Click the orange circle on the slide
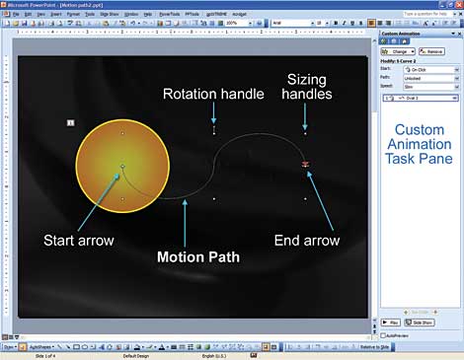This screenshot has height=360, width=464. coord(122,166)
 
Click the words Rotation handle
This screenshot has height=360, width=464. coord(213,94)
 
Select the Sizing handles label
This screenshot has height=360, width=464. coord(309,87)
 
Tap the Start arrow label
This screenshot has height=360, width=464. coord(78,240)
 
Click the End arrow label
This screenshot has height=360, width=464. coord(307,240)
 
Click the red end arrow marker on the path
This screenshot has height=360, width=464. coord(306,164)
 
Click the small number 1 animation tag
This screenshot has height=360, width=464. coord(70,122)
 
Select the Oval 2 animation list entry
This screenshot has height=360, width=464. coord(421,99)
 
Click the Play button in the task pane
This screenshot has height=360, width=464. coord(391,323)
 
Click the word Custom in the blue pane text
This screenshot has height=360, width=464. coord(419,131)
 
